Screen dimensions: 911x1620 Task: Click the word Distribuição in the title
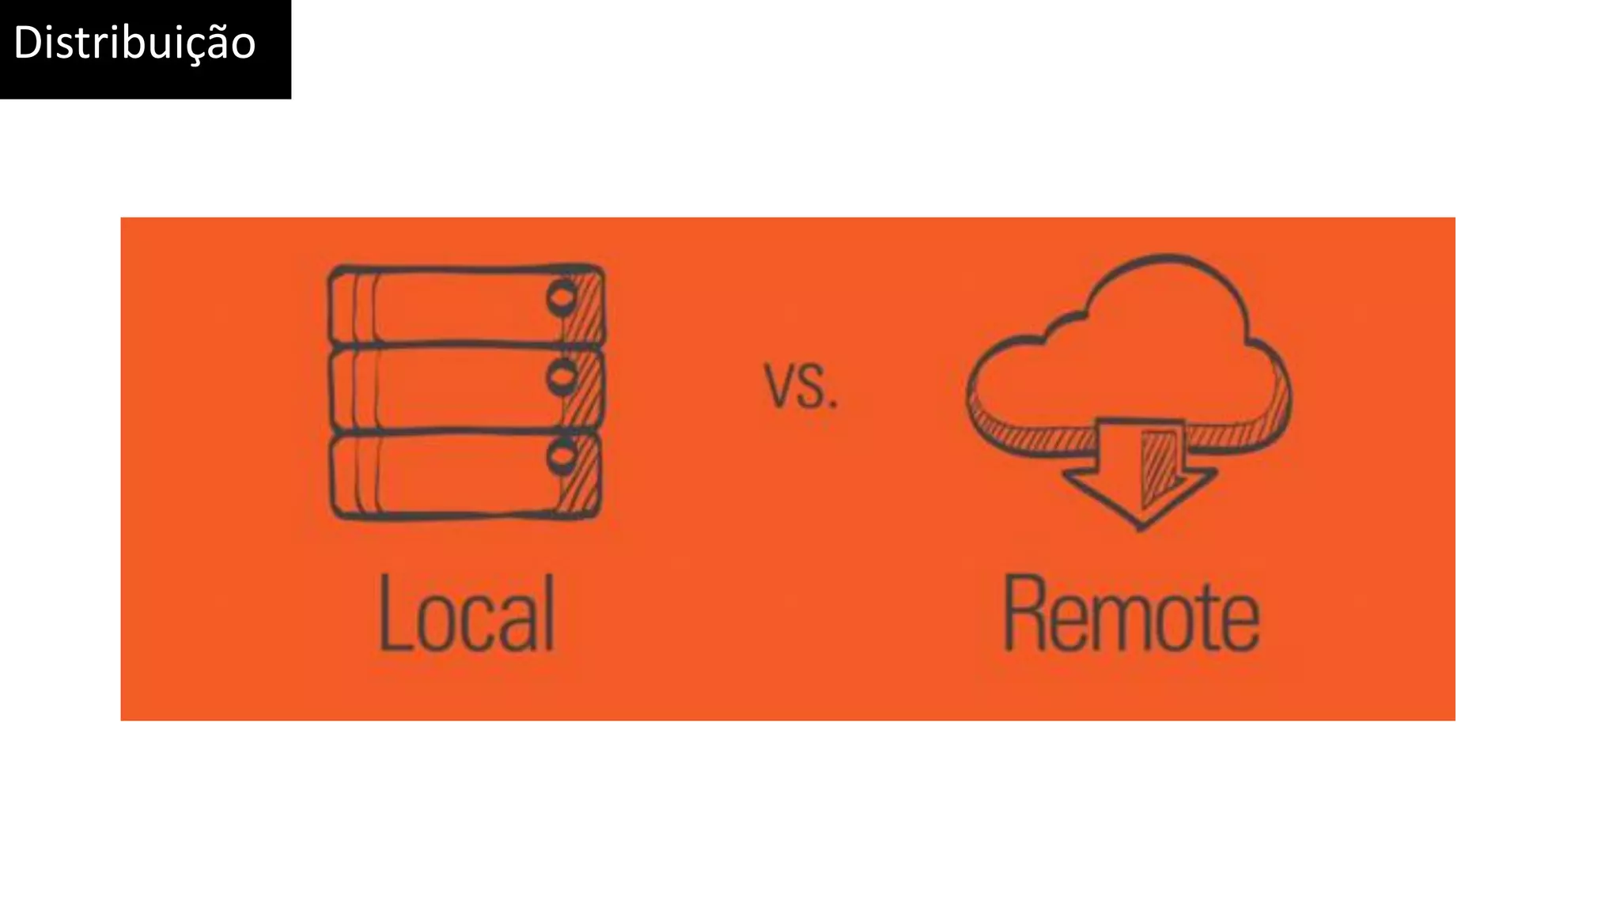pyautogui.click(x=134, y=43)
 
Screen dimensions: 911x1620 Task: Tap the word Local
pyautogui.click(x=467, y=614)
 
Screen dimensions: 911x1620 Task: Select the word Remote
pyautogui.click(x=1131, y=615)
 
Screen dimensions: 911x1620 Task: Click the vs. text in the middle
pyautogui.click(x=801, y=386)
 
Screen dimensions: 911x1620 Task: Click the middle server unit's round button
pyautogui.click(x=562, y=378)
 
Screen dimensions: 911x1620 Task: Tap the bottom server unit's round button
pyautogui.click(x=562, y=457)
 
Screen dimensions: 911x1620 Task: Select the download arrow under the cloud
pyautogui.click(x=1139, y=474)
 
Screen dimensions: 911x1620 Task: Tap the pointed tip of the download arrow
pyautogui.click(x=1139, y=524)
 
